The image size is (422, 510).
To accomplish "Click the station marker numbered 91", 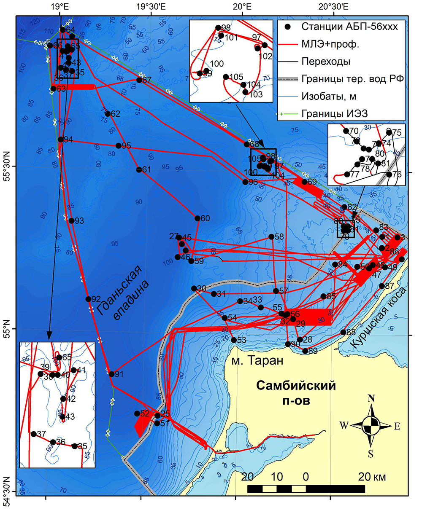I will (x=111, y=374).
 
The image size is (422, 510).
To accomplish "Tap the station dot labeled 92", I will (x=88, y=299).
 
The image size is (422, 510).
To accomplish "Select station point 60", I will (x=197, y=218).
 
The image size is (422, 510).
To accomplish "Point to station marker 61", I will (x=139, y=169).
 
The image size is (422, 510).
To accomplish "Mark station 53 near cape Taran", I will (x=234, y=340).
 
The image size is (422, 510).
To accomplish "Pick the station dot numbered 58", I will (x=271, y=237).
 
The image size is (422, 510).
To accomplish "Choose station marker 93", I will (x=71, y=220).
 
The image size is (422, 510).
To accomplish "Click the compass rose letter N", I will (x=371, y=399).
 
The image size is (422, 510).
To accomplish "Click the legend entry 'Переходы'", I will (x=326, y=62).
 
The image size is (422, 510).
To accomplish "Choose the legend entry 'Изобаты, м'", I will (x=329, y=97).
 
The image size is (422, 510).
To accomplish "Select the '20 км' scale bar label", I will (x=371, y=477).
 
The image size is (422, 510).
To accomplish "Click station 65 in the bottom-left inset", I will (x=59, y=357).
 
